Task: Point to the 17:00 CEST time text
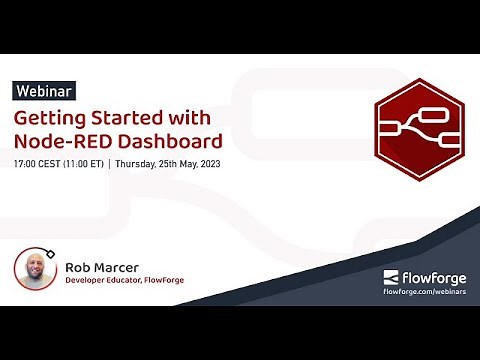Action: [38, 162]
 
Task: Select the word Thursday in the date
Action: [143, 162]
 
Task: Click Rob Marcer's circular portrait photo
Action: [35, 271]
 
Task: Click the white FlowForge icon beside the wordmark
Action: [393, 277]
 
